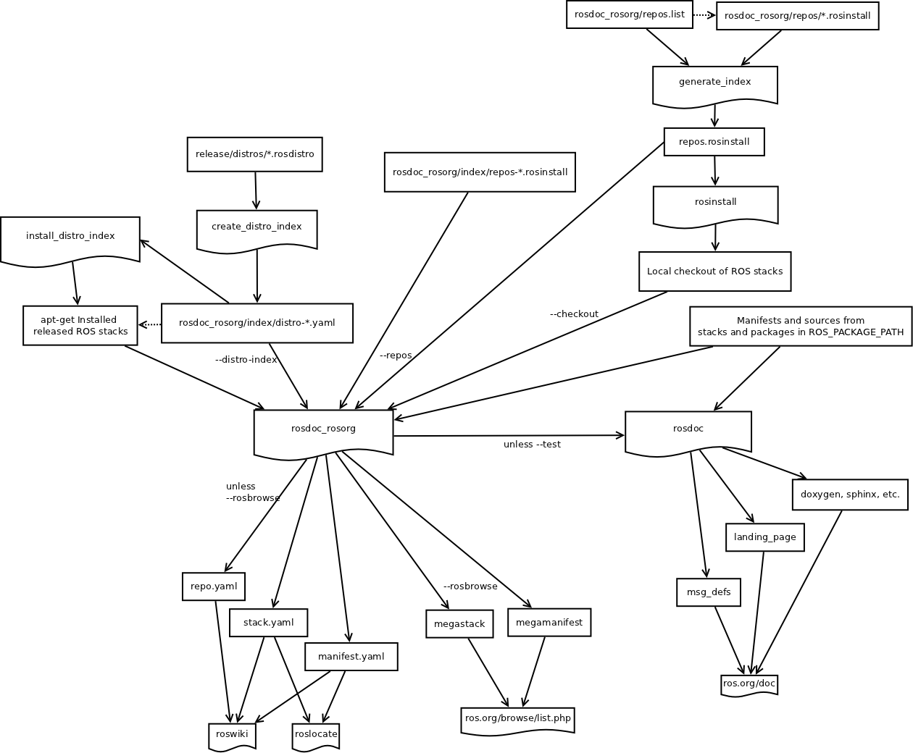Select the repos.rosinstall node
(x=714, y=142)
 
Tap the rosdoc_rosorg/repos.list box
(x=629, y=14)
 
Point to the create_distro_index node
(x=257, y=230)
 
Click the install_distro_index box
(x=70, y=239)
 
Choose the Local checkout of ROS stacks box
(x=714, y=272)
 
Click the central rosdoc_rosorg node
(x=323, y=432)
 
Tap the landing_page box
(x=764, y=537)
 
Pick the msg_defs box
(x=708, y=592)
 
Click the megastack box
(x=459, y=624)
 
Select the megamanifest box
(x=549, y=623)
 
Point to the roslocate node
(x=316, y=735)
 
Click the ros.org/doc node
(x=749, y=684)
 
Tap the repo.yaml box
(x=213, y=586)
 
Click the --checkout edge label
(x=574, y=314)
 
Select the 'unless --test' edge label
(x=532, y=445)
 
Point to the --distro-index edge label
(x=246, y=360)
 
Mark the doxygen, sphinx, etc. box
(x=849, y=495)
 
